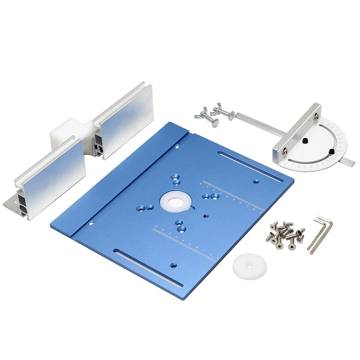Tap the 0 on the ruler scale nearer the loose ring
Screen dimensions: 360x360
click(156, 227)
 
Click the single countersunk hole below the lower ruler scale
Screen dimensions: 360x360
click(174, 265)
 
